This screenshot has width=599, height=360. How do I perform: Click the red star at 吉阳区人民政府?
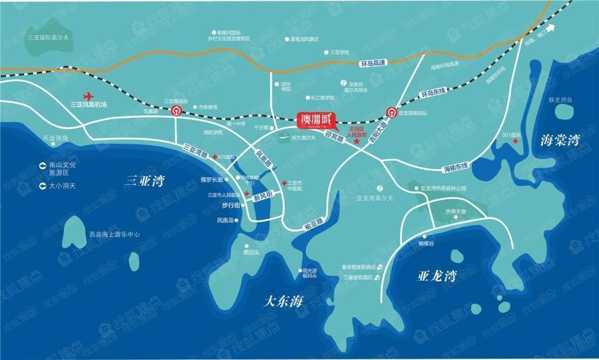click(x=357, y=142)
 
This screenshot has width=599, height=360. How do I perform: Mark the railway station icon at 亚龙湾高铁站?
click(x=391, y=114)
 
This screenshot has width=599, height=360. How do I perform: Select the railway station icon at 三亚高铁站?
click(x=176, y=111)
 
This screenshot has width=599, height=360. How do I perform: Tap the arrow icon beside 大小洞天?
click(x=43, y=186)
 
